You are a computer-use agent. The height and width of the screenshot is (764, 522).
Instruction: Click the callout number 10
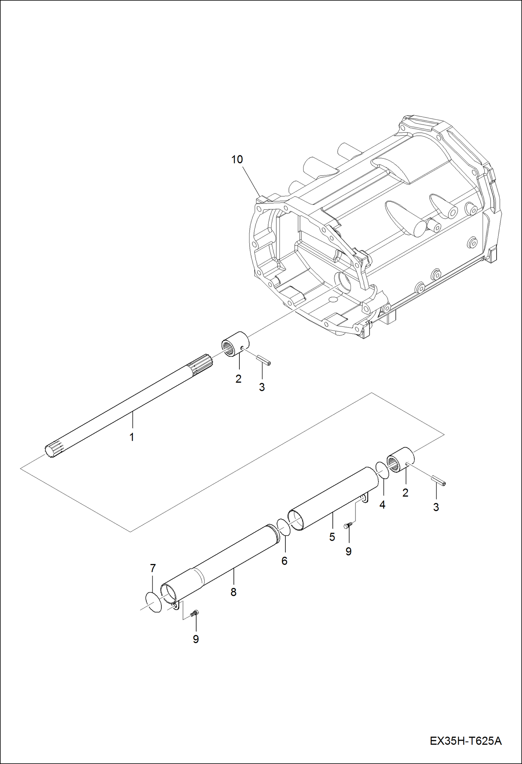coord(237,160)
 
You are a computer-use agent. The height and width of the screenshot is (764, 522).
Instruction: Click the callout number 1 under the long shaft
coord(132,437)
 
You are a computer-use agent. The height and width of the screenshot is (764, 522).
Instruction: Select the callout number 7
coord(153,568)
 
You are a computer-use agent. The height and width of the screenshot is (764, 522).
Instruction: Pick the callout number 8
coord(233,592)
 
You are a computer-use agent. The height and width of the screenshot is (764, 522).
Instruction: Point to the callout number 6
coord(284,561)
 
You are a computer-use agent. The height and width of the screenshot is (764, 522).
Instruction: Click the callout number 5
coord(332,537)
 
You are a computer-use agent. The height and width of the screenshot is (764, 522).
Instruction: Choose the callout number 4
coord(382,505)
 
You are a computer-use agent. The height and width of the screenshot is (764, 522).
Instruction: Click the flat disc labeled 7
coord(154,601)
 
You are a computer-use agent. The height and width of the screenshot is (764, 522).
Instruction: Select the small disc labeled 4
coord(382,470)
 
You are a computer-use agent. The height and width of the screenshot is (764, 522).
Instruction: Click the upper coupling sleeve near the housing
coord(235,344)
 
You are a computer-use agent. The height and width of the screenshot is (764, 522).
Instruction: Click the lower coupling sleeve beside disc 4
coord(400,460)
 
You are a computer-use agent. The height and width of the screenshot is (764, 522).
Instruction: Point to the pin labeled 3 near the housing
coord(263,360)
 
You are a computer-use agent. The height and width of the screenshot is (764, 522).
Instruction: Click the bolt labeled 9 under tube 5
coord(347,526)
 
